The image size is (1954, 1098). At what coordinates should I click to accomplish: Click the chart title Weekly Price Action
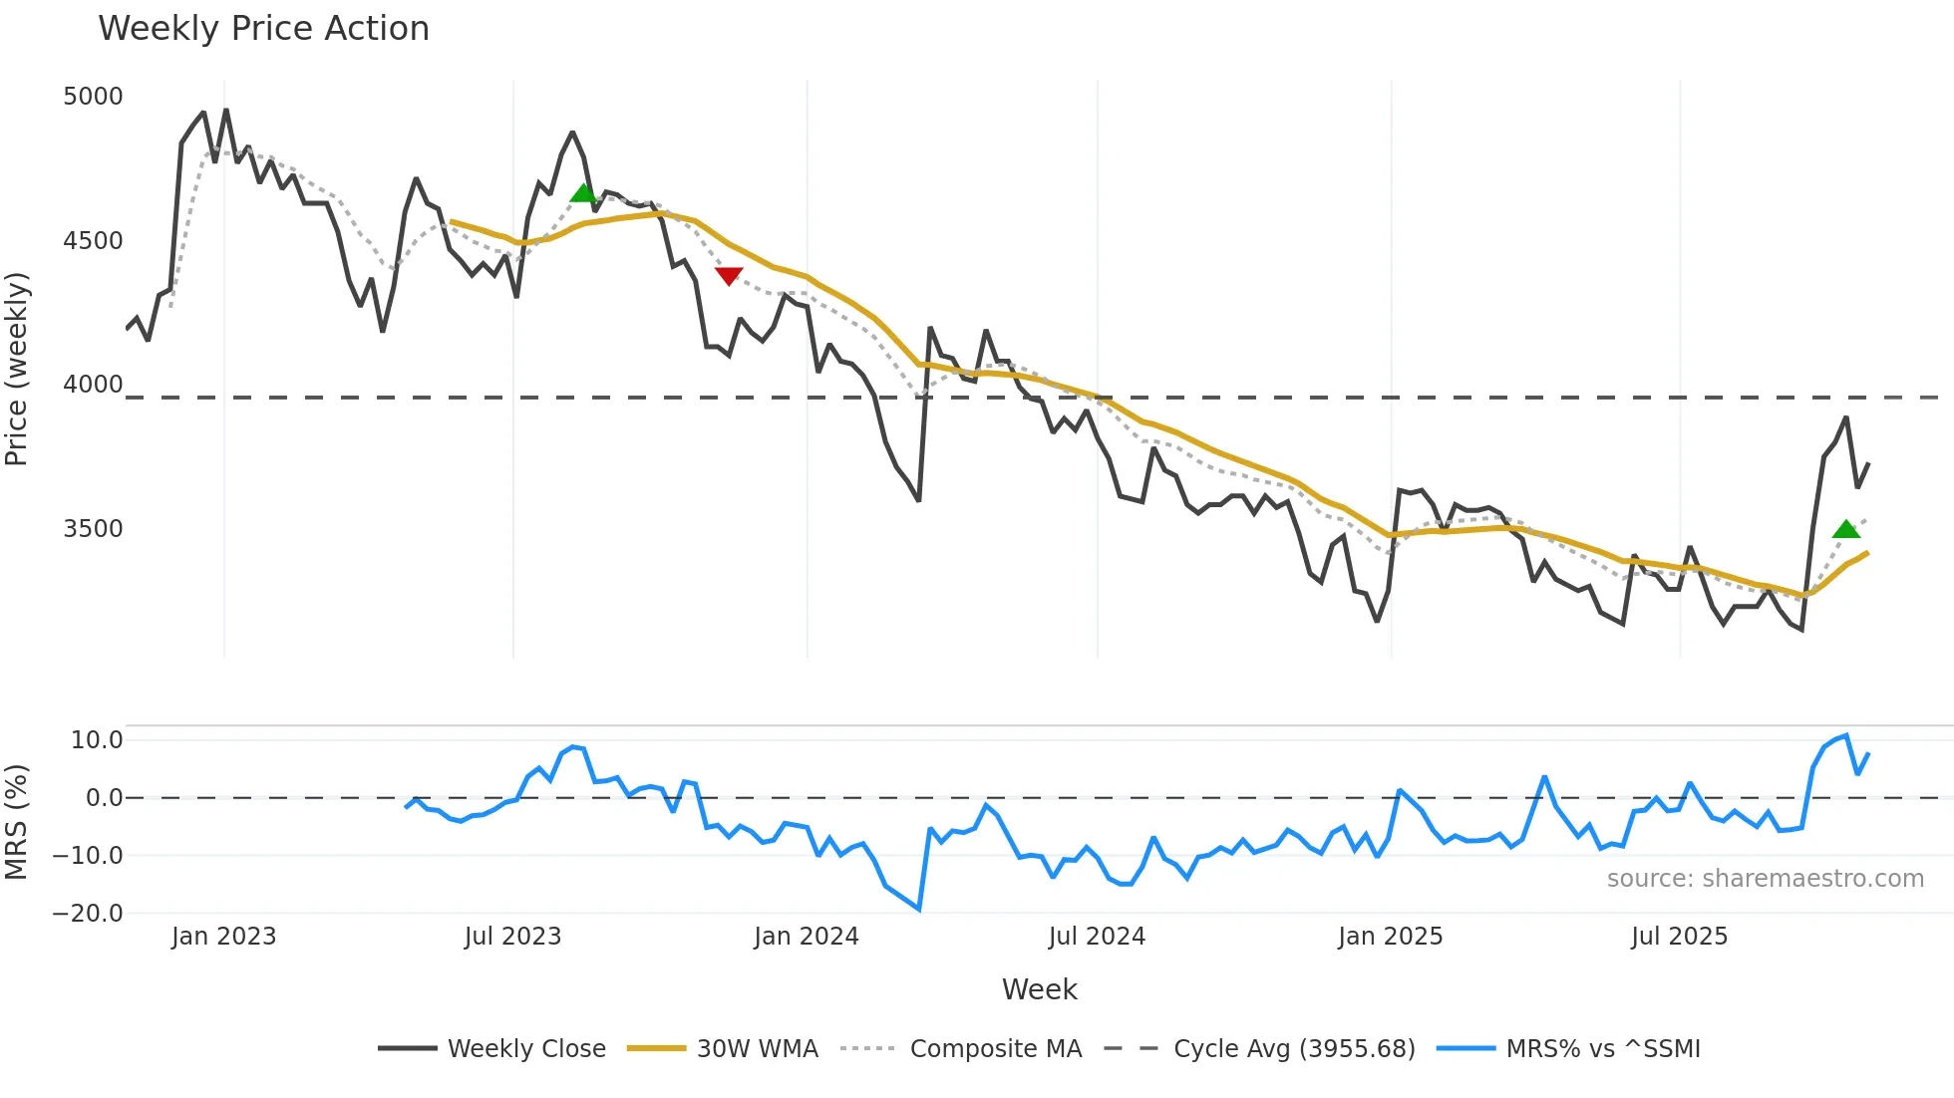coord(263,29)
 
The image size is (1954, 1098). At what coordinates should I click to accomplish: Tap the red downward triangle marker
coord(729,276)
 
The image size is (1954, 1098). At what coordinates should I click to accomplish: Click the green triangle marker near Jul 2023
coord(583,193)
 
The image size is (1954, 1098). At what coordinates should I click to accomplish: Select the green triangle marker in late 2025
coord(1846,529)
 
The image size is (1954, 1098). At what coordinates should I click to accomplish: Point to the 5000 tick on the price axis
coord(93,97)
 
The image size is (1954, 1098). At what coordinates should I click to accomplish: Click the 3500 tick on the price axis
coord(93,529)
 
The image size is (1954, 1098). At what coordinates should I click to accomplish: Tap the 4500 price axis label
coord(93,241)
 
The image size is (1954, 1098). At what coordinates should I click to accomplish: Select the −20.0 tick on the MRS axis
coord(88,914)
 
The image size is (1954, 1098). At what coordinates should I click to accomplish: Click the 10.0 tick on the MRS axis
coord(96,740)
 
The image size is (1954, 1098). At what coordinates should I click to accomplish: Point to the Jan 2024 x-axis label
coord(806,937)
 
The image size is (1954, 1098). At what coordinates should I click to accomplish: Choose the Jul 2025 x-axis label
coord(1679,937)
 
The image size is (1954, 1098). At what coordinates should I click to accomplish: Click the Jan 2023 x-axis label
coord(223,937)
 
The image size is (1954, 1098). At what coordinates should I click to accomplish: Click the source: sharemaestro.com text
coord(1765,879)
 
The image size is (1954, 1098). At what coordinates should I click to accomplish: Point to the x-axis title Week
coord(1039,989)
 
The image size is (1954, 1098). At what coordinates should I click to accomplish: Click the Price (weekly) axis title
coord(17,369)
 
